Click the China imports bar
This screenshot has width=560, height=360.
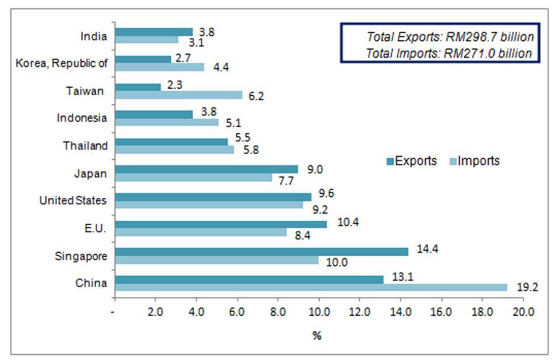311,288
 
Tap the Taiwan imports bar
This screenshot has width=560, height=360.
178,95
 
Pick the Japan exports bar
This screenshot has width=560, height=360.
206,169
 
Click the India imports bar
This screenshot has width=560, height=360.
146,40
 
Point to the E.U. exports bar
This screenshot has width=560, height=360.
221,224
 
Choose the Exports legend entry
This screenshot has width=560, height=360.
411,161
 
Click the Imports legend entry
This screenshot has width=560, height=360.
475,161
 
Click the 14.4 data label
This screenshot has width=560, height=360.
428,249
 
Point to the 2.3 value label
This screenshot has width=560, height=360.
175,86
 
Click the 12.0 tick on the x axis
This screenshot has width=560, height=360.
359,312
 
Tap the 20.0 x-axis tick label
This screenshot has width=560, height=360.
523,312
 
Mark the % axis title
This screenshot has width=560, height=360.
317,335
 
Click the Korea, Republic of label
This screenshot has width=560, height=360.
62,63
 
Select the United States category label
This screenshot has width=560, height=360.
73,201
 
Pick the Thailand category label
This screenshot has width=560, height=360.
85,146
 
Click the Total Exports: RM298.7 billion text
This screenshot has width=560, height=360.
450,37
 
